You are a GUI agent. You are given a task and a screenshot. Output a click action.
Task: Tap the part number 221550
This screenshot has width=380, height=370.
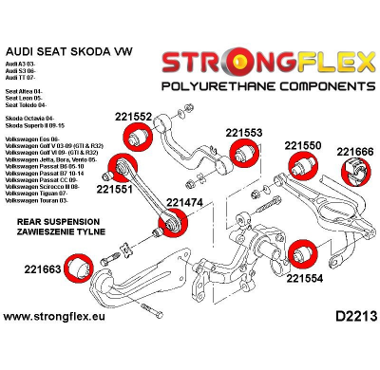pos(303,146)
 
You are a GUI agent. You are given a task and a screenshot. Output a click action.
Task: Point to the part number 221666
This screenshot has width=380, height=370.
pos(355,151)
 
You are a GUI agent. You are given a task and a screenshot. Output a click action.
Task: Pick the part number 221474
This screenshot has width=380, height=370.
pos(185,202)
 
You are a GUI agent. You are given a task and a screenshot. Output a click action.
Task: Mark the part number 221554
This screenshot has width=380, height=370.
pos(305,279)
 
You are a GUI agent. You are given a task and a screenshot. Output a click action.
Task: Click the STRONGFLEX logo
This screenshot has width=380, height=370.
pos(267,64)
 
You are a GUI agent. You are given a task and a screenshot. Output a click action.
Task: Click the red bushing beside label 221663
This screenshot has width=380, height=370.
pos(79,264)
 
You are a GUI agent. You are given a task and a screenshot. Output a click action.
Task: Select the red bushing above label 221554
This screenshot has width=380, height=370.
pos(303,254)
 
